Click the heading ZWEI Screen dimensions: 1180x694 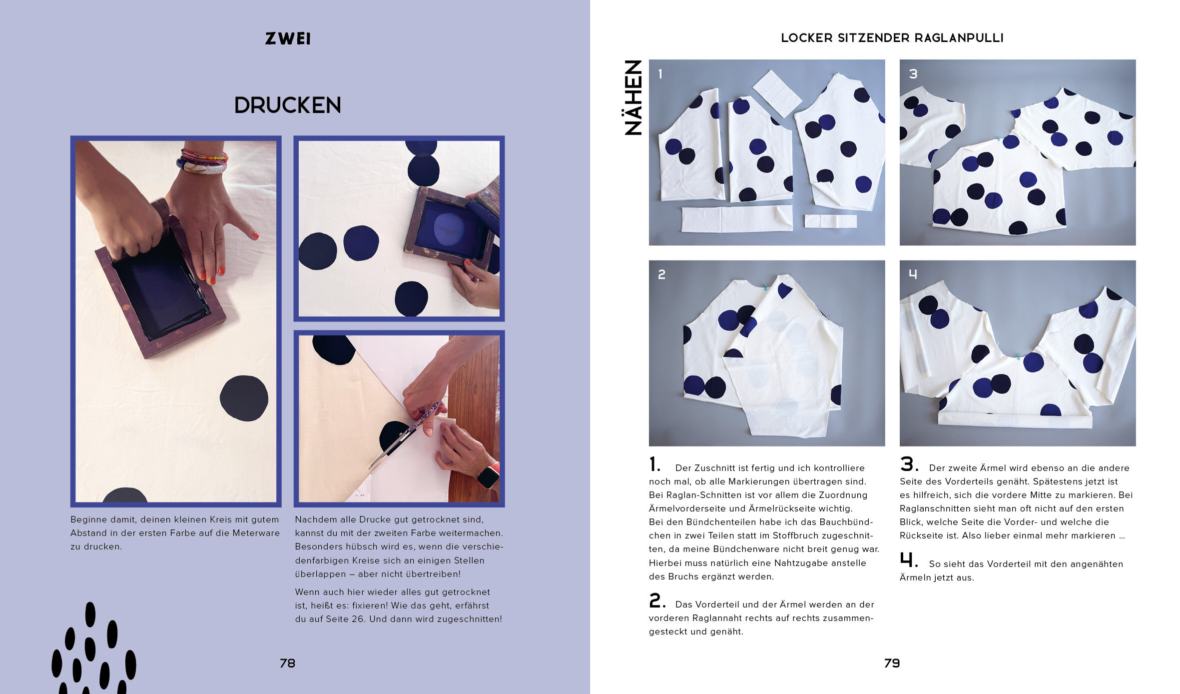pyautogui.click(x=288, y=38)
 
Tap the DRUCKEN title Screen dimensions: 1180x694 pyautogui.click(x=288, y=105)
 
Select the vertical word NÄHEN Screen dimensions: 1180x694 pyautogui.click(x=633, y=97)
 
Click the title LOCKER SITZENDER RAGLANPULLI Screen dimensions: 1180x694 pyautogui.click(x=892, y=38)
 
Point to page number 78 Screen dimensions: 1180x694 pyautogui.click(x=288, y=663)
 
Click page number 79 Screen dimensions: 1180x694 pyautogui.click(x=892, y=663)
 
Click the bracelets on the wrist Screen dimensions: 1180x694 pyautogui.click(x=202, y=161)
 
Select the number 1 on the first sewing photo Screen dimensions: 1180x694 pyautogui.click(x=660, y=74)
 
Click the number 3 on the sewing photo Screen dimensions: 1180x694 pyautogui.click(x=913, y=74)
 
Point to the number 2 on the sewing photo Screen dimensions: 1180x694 pyautogui.click(x=661, y=274)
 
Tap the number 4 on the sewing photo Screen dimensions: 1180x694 pyautogui.click(x=913, y=274)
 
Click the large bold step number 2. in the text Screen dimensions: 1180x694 pyautogui.click(x=657, y=600)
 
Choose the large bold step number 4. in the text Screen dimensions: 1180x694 pyautogui.click(x=909, y=560)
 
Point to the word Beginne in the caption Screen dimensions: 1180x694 pyautogui.click(x=88, y=520)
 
